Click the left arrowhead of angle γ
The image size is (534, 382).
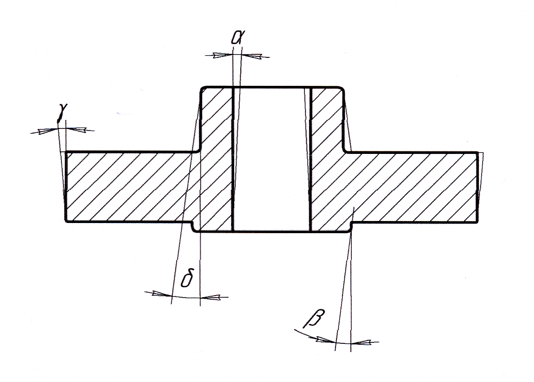47,131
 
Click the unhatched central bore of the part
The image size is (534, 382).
271,157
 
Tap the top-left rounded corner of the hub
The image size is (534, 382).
200,89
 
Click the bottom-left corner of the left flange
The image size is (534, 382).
67,221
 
